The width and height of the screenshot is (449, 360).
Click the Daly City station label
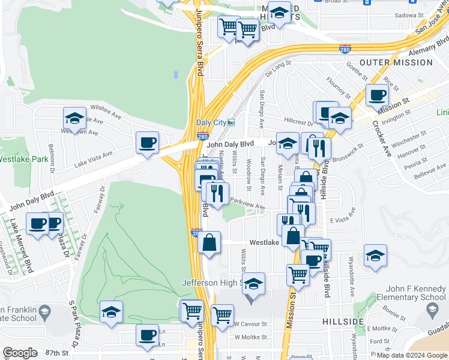211,122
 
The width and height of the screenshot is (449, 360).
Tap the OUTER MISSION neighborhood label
396,62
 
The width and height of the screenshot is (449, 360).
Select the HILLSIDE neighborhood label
343,322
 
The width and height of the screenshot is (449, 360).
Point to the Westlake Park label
23,160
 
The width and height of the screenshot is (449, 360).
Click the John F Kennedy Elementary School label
408,293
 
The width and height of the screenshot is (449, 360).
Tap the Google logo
20,353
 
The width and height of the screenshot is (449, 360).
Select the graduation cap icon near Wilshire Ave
74,118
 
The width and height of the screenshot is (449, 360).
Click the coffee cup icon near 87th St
147,335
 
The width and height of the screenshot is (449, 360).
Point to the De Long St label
277,68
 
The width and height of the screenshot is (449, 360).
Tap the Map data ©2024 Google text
411,355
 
